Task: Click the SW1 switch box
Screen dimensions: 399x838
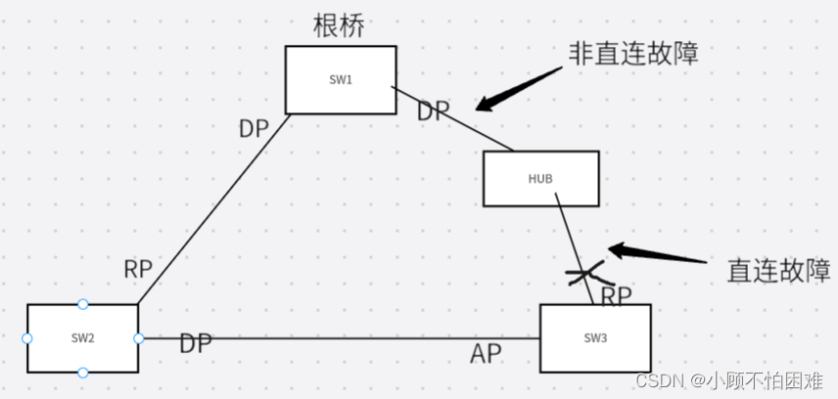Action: pyautogui.click(x=340, y=79)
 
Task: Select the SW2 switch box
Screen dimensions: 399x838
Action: pyautogui.click(x=82, y=337)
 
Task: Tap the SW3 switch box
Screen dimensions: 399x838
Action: pyautogui.click(x=594, y=337)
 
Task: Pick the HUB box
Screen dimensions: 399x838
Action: pyautogui.click(x=540, y=178)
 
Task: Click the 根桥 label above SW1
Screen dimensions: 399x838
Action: pyautogui.click(x=339, y=24)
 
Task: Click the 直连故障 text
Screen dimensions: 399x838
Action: pyautogui.click(x=778, y=270)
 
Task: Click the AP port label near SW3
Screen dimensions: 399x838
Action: pyautogui.click(x=487, y=354)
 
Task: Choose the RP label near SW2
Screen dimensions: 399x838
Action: pyautogui.click(x=138, y=269)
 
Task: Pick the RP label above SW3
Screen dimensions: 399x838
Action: pyautogui.click(x=616, y=294)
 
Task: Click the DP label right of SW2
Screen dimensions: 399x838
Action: pyautogui.click(x=196, y=343)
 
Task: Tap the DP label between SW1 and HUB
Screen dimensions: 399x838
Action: pyautogui.click(x=434, y=111)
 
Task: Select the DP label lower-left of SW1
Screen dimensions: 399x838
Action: pyautogui.click(x=255, y=128)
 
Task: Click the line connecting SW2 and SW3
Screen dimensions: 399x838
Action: pyautogui.click(x=343, y=338)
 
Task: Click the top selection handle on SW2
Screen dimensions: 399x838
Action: pyautogui.click(x=82, y=304)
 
